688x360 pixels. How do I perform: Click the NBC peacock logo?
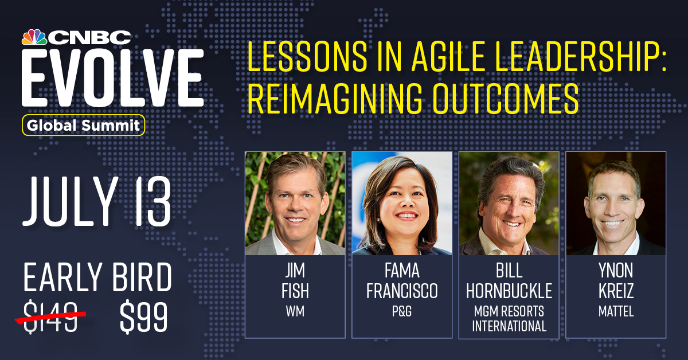coord(34,37)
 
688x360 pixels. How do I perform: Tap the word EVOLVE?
coord(112,77)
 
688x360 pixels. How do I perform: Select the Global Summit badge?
coord(83,125)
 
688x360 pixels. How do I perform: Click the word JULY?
coord(70,202)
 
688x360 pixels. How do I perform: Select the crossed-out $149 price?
coord(50,316)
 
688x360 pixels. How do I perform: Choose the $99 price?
coord(144,318)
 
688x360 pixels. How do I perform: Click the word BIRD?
coord(142,277)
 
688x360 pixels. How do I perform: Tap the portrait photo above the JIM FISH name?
coord(295,204)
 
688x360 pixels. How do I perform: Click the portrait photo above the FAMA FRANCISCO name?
coord(402,204)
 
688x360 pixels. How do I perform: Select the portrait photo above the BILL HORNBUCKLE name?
coord(509,204)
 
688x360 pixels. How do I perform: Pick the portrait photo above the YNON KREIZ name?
coord(616,204)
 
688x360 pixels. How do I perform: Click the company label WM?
coord(295,311)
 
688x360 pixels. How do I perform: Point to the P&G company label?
coord(402,311)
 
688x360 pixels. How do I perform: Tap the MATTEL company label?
coord(616,311)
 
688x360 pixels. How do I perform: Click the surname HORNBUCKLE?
coord(509,291)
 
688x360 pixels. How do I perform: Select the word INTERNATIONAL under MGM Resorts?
coord(509,326)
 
